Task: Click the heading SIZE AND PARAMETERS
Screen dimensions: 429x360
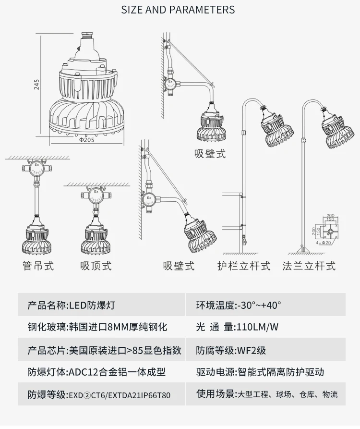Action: (178, 10)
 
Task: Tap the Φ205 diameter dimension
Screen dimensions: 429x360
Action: (87, 141)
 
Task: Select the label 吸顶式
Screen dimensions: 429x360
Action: (96, 265)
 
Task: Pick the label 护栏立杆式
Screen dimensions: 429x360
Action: (243, 266)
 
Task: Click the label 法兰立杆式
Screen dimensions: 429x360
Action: (309, 266)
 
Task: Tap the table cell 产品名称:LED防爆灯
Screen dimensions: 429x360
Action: (72, 305)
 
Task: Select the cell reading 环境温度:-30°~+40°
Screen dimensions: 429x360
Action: (239, 305)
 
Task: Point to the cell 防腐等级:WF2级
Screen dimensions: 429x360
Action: (231, 350)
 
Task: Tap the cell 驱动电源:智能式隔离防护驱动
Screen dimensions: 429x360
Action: (260, 372)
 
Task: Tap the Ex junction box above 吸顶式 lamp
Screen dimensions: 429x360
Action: (96, 196)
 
